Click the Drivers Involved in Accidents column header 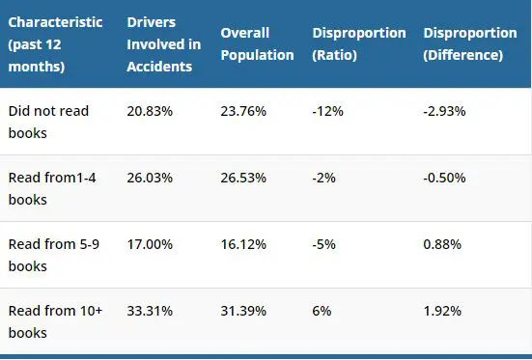pos(163,44)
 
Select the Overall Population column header pos(257,44)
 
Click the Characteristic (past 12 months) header pos(55,44)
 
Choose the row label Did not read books pos(48,120)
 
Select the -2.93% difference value pos(444,111)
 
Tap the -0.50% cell pos(445,178)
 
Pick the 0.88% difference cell pos(442,245)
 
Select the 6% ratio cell pos(322,312)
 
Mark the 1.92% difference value pos(442,312)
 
